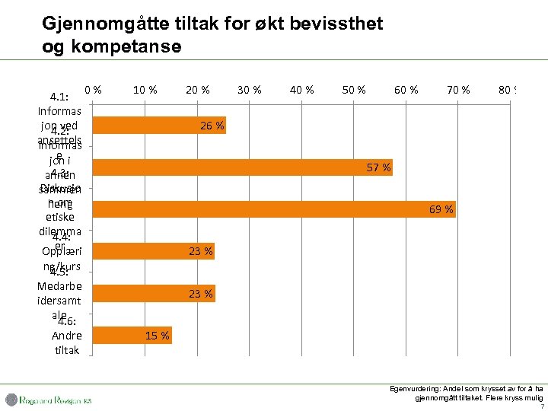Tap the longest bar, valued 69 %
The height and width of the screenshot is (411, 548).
274,209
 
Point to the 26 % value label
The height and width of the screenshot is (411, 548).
212,126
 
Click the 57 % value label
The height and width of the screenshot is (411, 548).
378,167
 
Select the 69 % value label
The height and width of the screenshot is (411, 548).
441,209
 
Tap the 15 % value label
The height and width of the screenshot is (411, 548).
158,336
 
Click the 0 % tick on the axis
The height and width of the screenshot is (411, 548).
94,90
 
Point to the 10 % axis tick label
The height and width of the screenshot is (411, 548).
145,90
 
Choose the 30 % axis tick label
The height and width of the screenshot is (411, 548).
250,90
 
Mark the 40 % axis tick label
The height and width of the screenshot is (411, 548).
302,90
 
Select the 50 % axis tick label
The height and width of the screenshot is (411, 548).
354,90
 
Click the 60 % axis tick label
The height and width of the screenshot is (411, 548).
406,90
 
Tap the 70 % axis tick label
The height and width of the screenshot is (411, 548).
458,90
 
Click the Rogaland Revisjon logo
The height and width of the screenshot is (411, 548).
49,399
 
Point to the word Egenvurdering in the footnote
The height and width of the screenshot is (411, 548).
415,388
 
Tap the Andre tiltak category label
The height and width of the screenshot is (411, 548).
67,342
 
